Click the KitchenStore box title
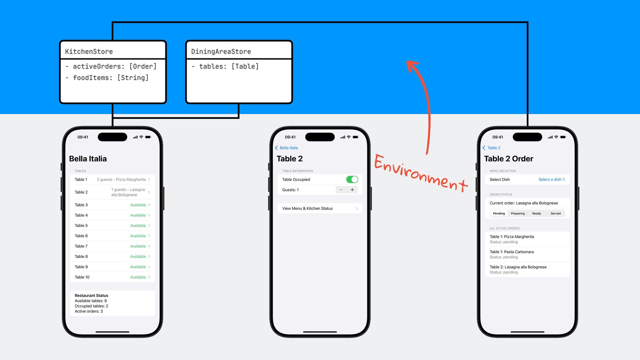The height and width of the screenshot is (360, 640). (89, 52)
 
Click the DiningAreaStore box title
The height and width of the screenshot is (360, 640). (221, 52)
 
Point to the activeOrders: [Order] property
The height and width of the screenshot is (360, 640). (114, 66)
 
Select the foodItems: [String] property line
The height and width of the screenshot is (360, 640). (110, 78)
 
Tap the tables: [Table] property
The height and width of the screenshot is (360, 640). (229, 66)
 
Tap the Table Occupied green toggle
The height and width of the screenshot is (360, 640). (352, 179)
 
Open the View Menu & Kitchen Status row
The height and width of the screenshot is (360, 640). (320, 208)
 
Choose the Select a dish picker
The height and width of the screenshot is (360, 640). (552, 179)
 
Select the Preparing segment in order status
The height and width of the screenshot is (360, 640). (518, 213)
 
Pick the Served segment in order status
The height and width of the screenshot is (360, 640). (555, 213)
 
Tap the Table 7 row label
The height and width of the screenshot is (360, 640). (81, 246)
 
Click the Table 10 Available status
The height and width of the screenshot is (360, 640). (138, 277)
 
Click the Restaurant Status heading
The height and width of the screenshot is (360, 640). (91, 296)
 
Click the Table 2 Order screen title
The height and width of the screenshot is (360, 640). (508, 159)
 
